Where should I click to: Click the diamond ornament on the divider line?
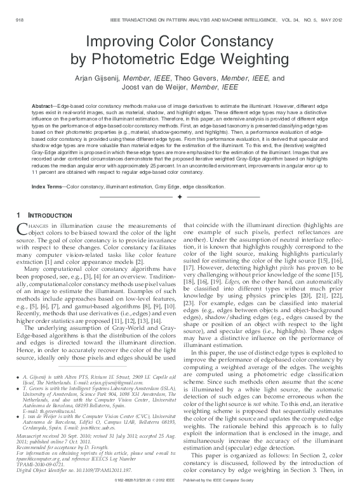[180, 198]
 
